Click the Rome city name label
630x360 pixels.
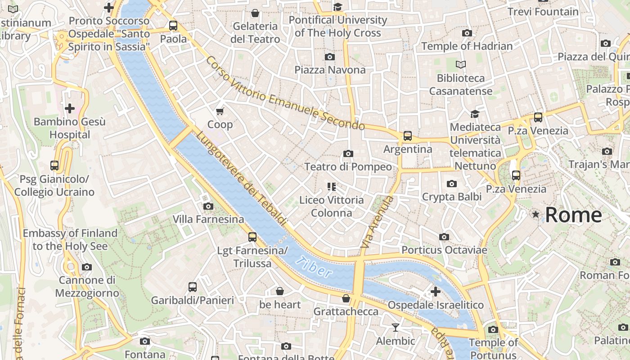[x=573, y=215]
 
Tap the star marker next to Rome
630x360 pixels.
[x=535, y=215]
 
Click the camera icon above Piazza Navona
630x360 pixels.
[x=330, y=57]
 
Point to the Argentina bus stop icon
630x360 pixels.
[x=408, y=135]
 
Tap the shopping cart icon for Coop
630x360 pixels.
[x=220, y=111]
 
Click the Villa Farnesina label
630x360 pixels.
[x=208, y=220]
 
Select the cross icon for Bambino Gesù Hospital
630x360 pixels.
[x=70, y=108]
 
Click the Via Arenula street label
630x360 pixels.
[x=377, y=222]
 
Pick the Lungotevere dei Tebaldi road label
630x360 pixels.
[x=242, y=178]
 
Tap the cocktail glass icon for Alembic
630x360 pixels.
[x=396, y=328]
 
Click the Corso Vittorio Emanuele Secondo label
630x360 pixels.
[x=285, y=93]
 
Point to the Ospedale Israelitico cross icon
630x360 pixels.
[x=435, y=292]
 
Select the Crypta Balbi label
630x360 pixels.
[x=451, y=197]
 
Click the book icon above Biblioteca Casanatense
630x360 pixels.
[x=460, y=64]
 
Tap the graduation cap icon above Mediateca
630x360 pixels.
[x=475, y=114]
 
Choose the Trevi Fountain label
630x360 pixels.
[x=543, y=12]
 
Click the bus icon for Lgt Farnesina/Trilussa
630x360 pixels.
[x=252, y=237]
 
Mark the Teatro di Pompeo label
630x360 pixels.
[x=348, y=167]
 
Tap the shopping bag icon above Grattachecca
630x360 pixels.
[x=346, y=298]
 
